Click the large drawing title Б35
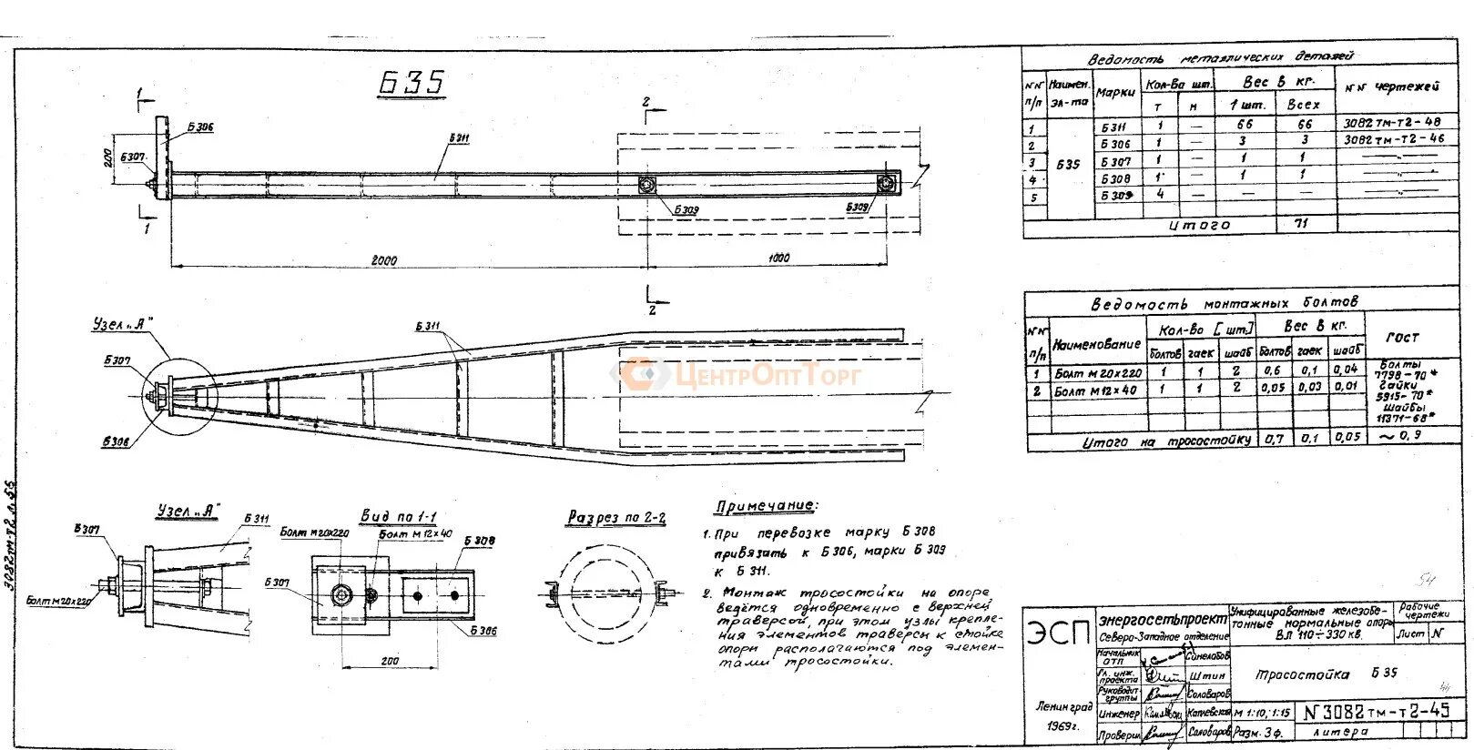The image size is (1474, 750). point(412,83)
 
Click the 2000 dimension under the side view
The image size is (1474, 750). point(383,259)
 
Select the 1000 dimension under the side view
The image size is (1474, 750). point(778,258)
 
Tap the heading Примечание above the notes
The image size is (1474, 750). point(766,506)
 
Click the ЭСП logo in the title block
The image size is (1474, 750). point(1059,633)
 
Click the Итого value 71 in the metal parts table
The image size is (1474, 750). point(1302,223)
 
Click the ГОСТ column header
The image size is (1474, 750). point(1402,338)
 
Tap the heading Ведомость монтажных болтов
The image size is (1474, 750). point(1225,303)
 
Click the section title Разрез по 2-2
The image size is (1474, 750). point(616,518)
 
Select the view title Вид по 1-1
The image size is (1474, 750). point(398,516)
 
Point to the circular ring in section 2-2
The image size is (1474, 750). point(606,592)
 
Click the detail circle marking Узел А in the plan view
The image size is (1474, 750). point(180,395)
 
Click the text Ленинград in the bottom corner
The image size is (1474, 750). point(1063,707)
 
